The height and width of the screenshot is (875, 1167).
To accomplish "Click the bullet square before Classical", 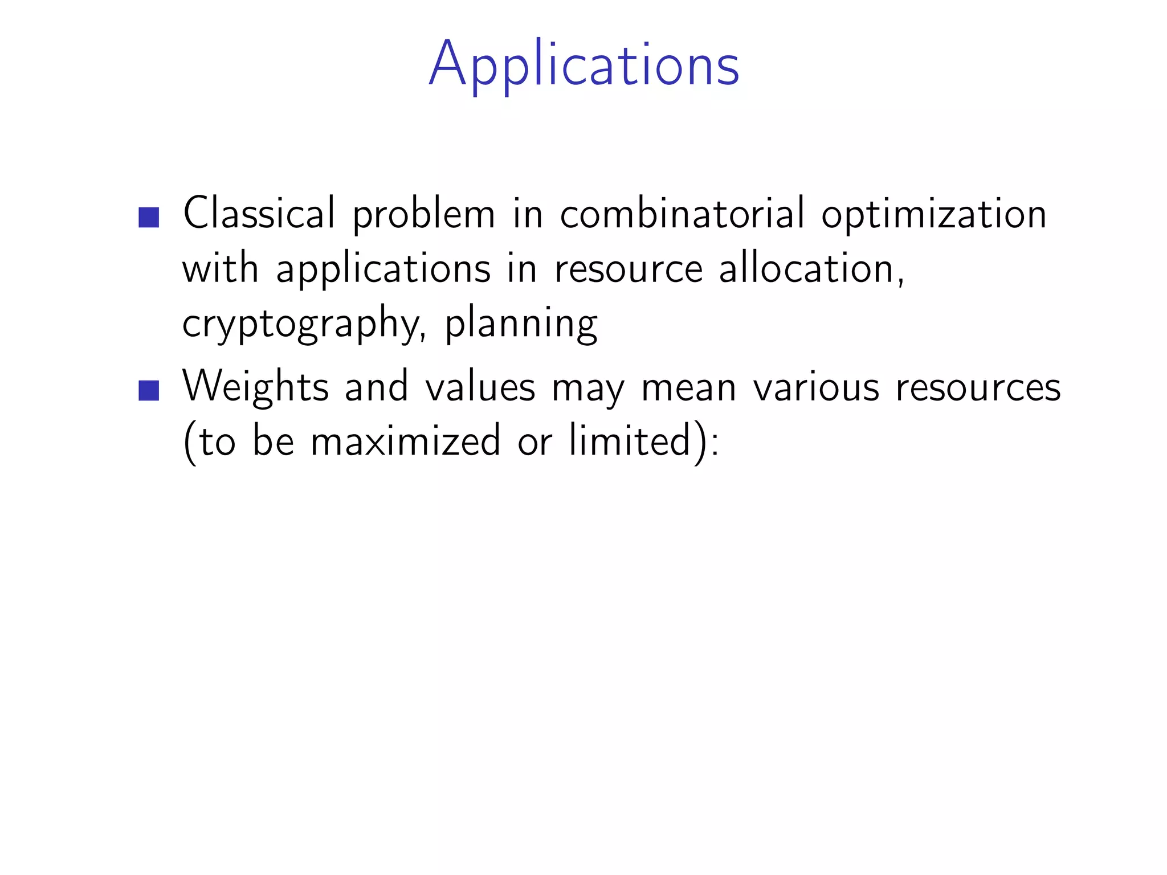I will tap(149, 217).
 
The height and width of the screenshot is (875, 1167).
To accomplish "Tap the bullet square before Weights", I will tap(149, 390).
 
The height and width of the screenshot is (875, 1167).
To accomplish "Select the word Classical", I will tap(259, 213).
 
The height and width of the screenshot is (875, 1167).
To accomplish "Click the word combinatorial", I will tap(683, 213).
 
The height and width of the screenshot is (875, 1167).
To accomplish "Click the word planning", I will tap(521, 324).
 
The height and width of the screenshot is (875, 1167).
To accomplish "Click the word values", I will tap(480, 386).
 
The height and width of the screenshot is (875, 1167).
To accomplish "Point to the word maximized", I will tap(405, 441).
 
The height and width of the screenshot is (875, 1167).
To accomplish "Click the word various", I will tap(817, 386).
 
